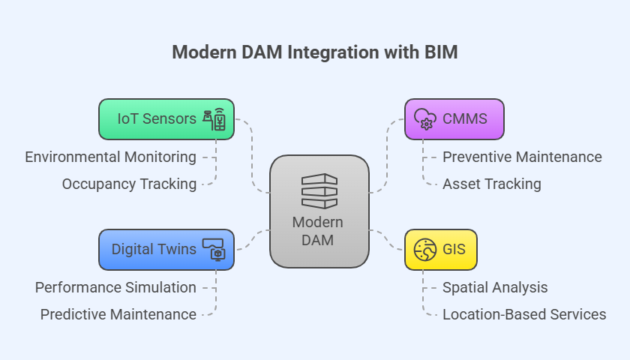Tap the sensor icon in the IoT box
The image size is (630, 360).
pyautogui.click(x=214, y=119)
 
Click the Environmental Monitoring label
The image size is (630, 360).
pyautogui.click(x=110, y=157)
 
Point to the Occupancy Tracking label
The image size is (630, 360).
pyautogui.click(x=129, y=184)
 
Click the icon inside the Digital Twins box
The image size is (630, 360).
pyautogui.click(x=214, y=250)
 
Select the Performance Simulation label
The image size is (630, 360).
pyautogui.click(x=115, y=287)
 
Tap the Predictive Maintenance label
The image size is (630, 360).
pyautogui.click(x=118, y=314)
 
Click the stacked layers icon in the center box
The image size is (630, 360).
pyautogui.click(x=319, y=191)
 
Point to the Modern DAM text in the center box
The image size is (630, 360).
pyautogui.click(x=318, y=231)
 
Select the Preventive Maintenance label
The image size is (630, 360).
pyautogui.click(x=522, y=157)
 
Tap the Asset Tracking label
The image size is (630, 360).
pyautogui.click(x=491, y=184)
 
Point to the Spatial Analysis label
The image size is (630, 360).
pyautogui.click(x=495, y=287)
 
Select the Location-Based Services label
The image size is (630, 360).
pyautogui.click(x=524, y=314)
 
